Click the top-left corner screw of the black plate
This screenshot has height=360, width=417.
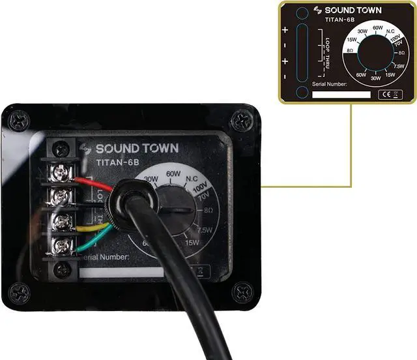point(19,121)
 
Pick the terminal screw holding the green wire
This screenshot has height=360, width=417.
point(61,245)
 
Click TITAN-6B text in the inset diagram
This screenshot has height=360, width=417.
point(339,20)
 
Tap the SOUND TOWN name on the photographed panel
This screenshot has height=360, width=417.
point(137,149)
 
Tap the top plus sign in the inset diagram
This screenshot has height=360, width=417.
point(285,30)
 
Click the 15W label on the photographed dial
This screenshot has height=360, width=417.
point(192,243)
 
